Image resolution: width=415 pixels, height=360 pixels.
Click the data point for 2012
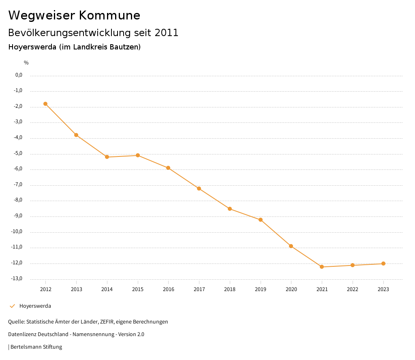45,104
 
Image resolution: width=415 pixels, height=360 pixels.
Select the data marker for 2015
138,155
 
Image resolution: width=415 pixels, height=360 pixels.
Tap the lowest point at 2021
322,267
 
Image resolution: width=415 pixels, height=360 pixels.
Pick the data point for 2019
261,220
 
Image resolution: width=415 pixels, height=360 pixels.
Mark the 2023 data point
383,264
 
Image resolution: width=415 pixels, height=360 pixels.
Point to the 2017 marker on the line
199,189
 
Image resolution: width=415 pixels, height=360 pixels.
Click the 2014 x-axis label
107,289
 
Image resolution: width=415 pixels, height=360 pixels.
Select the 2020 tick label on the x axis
291,289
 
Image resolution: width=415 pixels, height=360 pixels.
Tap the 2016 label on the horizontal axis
169,289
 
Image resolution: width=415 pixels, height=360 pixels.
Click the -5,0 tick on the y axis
18,153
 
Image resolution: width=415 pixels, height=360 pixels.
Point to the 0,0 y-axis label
19,75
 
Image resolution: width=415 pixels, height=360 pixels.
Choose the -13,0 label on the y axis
17,279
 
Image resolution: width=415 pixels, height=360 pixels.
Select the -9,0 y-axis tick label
18,216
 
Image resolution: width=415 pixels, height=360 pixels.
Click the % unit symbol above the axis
26,63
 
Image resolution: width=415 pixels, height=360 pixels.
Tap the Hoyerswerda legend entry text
35,306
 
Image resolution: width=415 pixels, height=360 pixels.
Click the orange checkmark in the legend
12,306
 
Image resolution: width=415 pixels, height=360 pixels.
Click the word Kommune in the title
110,15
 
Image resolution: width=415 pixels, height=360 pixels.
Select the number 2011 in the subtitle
167,33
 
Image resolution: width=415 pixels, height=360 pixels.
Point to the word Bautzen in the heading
124,47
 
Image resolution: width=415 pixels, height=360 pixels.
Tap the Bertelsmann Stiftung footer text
36,347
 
